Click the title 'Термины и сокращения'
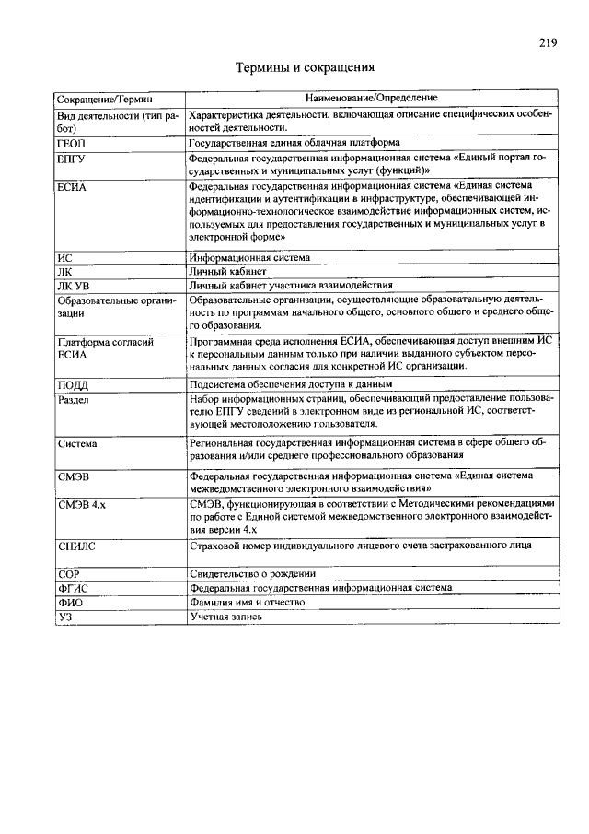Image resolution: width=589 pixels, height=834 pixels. tap(305, 67)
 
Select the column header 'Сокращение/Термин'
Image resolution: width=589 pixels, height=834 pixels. tap(104, 98)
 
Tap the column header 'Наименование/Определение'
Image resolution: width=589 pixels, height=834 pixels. tap(372, 98)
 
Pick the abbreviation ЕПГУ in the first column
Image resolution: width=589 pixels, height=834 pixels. tap(71, 159)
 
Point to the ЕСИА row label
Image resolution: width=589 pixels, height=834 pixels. tap(71, 187)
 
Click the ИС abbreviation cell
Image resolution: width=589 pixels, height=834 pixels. tap(64, 258)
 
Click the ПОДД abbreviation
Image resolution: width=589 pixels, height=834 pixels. tap(73, 385)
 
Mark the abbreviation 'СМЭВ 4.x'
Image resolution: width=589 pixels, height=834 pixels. tap(81, 505)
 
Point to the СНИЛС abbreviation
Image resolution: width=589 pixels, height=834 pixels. tap(76, 546)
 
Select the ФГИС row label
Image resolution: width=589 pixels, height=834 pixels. tap(72, 587)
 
